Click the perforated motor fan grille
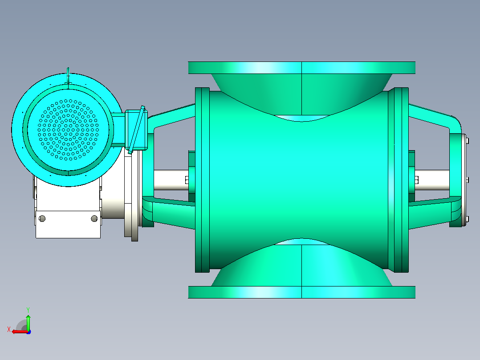[x=68, y=130]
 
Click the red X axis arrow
[x=20, y=331]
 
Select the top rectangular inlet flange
[x=301, y=68]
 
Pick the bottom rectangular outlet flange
[x=301, y=292]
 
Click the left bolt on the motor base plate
[x=42, y=218]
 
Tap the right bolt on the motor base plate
[x=94, y=218]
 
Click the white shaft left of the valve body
[x=171, y=180]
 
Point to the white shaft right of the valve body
[x=432, y=180]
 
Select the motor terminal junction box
[x=136, y=130]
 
